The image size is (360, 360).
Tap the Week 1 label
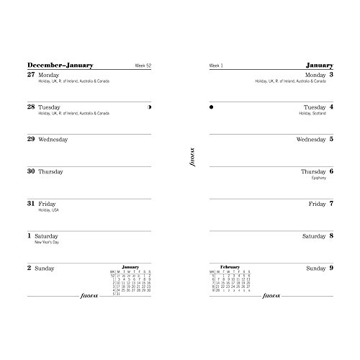point(215,67)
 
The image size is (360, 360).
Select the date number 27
point(30,74)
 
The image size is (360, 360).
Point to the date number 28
point(30,107)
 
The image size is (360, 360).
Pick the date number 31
point(30,204)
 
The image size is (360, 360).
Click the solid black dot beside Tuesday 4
point(211,107)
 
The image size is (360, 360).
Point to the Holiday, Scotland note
point(312,114)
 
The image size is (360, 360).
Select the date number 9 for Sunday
point(330,268)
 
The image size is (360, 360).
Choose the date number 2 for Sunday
point(30,269)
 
